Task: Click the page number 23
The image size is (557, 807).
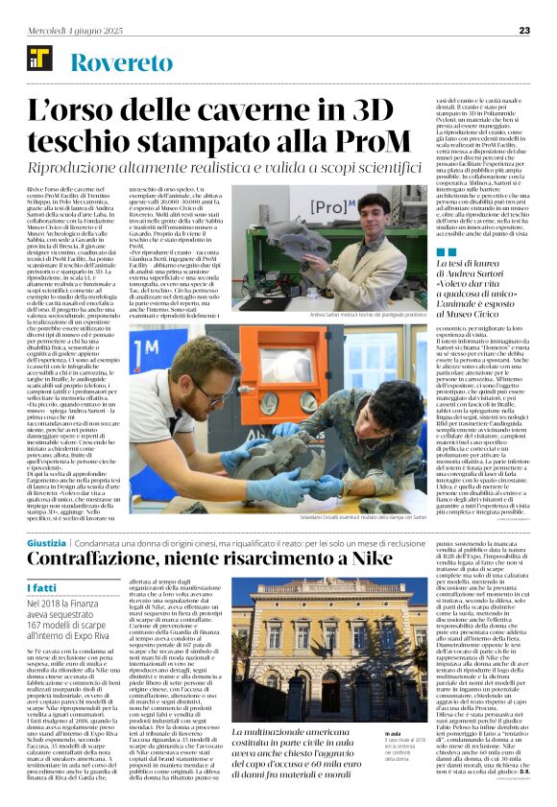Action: pyautogui.click(x=524, y=31)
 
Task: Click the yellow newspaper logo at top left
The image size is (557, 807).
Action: pyautogui.click(x=39, y=62)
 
